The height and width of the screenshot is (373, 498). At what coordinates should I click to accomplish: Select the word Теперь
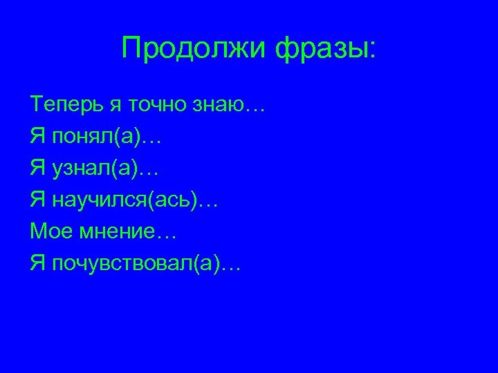pos(66,106)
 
